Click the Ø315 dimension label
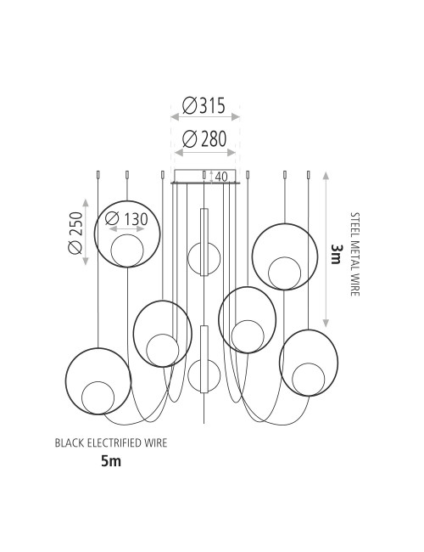[x=204, y=105]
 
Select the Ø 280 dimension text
[x=204, y=138]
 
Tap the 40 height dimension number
[x=221, y=177]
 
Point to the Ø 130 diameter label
[x=126, y=219]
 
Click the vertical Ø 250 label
[x=75, y=233]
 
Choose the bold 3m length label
[x=336, y=254]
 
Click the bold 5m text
[x=111, y=460]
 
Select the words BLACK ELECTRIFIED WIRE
[x=111, y=442]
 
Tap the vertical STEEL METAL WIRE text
[x=355, y=254]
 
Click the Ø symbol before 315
[x=189, y=105]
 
